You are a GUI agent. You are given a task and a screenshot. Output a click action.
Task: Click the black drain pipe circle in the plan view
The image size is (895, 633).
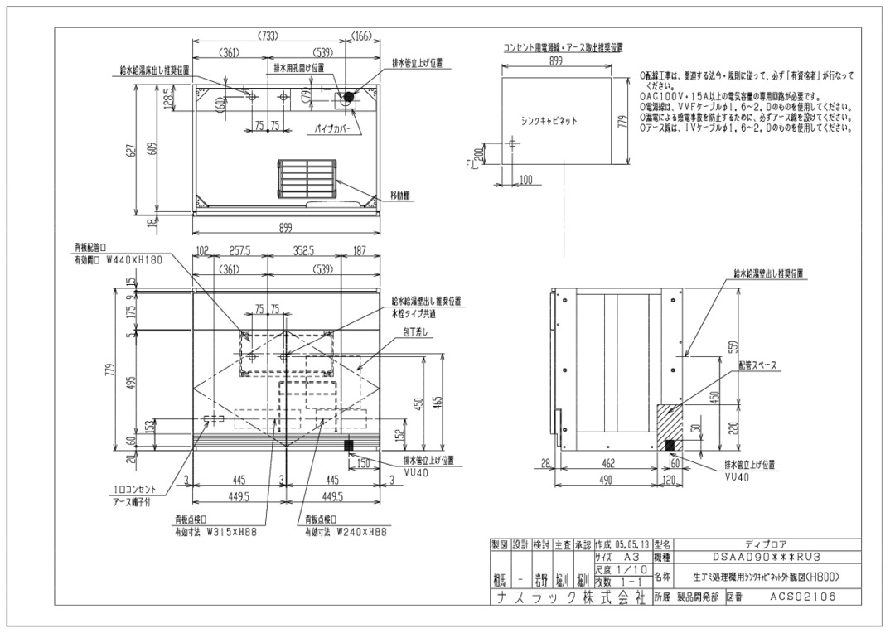tap(349, 98)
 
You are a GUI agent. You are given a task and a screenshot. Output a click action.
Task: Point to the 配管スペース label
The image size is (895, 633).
tap(750, 363)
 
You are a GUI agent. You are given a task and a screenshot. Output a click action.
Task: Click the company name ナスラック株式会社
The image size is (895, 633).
tap(567, 596)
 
